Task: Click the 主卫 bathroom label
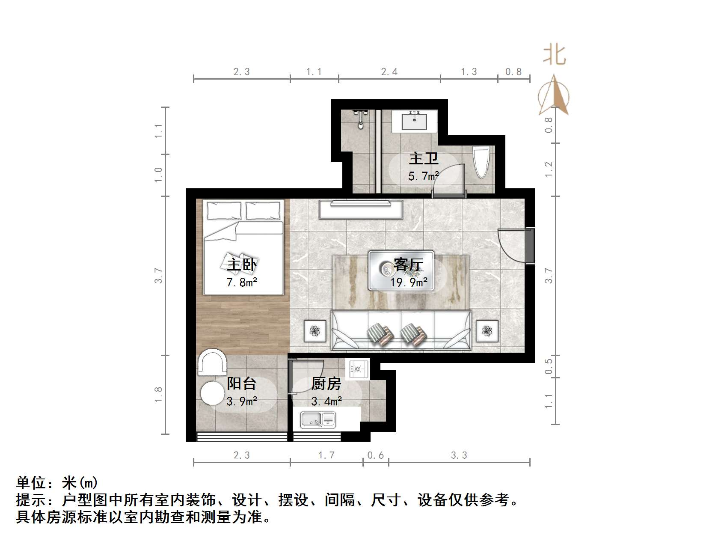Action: (423, 158)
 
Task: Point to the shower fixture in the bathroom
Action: (362, 118)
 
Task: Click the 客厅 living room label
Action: (408, 265)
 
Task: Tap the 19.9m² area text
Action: (409, 282)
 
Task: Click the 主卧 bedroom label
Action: (242, 264)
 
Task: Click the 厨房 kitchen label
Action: (326, 384)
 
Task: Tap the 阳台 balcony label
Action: (242, 383)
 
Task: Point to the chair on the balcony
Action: (212, 362)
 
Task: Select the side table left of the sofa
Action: (315, 331)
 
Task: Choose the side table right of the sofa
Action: (487, 331)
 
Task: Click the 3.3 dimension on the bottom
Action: (459, 455)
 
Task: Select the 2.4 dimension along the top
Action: (389, 72)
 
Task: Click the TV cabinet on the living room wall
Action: (360, 208)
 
